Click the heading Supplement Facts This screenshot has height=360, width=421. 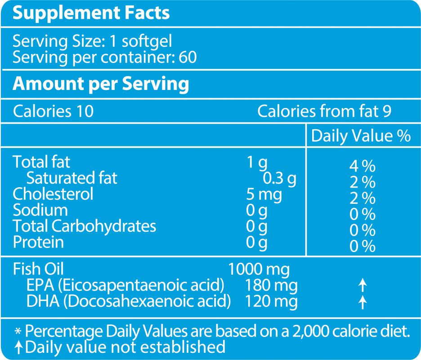(91, 13)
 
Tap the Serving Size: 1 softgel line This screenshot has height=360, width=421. (92, 42)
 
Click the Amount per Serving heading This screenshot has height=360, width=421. (101, 84)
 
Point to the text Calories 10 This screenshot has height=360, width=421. (53, 111)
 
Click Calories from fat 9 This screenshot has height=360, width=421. (324, 111)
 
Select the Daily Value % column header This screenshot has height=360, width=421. (361, 136)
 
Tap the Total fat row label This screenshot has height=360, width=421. (41, 162)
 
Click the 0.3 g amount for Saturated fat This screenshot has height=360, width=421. (279, 178)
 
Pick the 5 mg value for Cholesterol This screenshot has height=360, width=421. (264, 194)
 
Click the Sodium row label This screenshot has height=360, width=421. (40, 210)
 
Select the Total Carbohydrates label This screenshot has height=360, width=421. (84, 226)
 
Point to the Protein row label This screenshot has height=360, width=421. (38, 242)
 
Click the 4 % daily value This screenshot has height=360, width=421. (362, 166)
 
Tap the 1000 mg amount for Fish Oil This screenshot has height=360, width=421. (259, 270)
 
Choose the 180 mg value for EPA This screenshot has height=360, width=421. (271, 285)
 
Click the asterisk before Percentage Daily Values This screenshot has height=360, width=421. (18, 332)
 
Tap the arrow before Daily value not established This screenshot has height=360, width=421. (18, 347)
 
